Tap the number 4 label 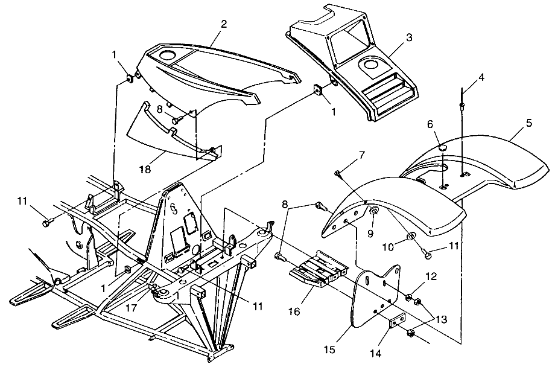coord(481,77)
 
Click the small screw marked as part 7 coord(338,174)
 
